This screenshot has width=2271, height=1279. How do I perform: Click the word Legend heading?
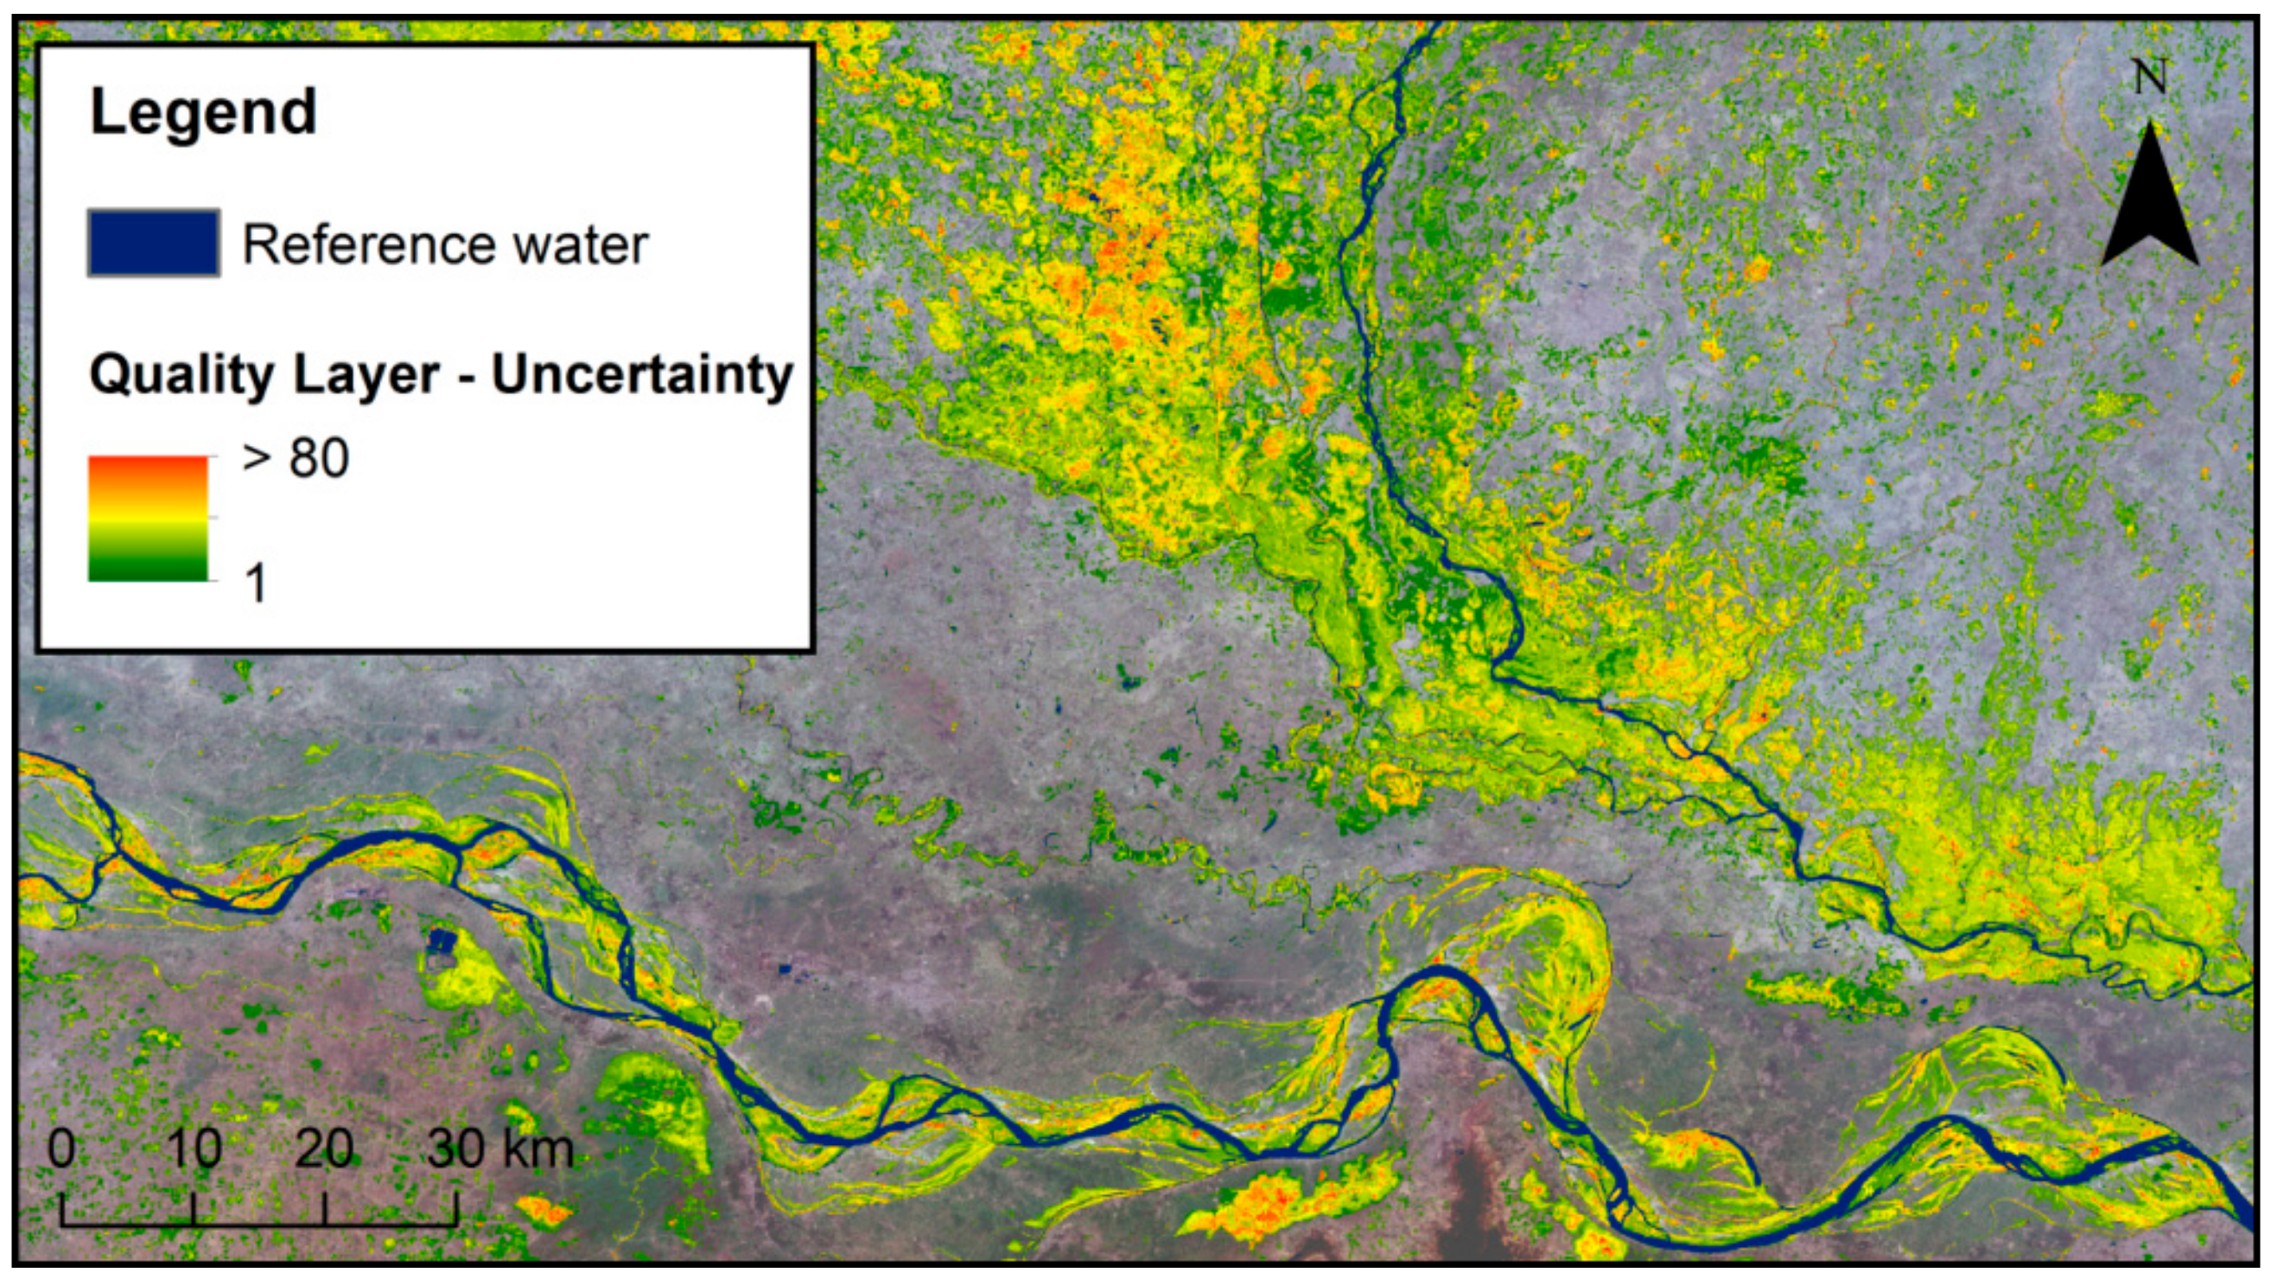(x=204, y=112)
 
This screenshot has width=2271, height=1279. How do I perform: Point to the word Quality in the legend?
(x=181, y=377)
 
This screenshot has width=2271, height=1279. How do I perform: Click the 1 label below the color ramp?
(x=256, y=582)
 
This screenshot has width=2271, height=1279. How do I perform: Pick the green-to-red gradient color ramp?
(x=148, y=519)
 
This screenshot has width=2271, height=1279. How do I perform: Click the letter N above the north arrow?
(x=2149, y=78)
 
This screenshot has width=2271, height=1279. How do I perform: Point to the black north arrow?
(x=2149, y=198)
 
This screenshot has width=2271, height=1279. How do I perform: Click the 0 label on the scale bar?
(x=61, y=1149)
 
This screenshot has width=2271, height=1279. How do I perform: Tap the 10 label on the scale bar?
(x=194, y=1149)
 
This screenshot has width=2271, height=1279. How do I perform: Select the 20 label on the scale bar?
(x=324, y=1149)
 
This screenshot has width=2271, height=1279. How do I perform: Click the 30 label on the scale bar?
(x=456, y=1149)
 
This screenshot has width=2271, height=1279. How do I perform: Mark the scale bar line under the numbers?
(x=259, y=1224)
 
